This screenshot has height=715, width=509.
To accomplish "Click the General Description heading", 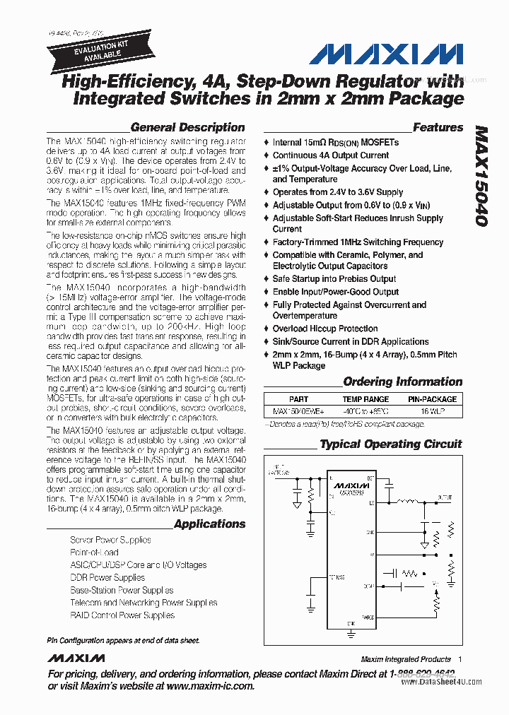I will tap(187, 128).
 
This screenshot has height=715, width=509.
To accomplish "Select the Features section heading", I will tap(438, 128).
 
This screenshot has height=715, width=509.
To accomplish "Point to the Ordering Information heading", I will tap(402, 382).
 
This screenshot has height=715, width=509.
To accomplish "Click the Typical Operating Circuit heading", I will tap(390, 444).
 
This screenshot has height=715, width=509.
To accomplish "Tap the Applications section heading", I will tap(209, 524).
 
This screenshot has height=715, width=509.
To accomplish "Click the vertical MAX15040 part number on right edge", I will tap(481, 177).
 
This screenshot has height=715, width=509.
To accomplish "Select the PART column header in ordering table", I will tap(298, 399).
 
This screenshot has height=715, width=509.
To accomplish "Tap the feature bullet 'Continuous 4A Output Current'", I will tap(330, 155).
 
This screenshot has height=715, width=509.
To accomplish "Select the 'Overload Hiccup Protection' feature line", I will tap(324, 329).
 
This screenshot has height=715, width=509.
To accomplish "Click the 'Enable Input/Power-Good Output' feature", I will tap(335, 292).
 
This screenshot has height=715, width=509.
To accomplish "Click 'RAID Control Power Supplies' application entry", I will tap(122, 615).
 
